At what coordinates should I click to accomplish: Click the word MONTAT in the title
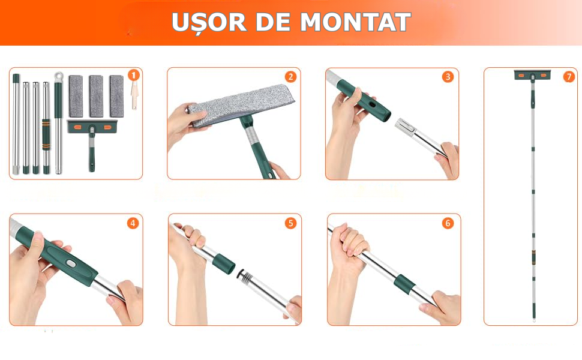pos(355,22)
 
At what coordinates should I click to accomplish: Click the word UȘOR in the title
pos(209,23)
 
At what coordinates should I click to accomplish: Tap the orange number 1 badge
pos(134,76)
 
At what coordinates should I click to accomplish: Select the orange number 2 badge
pos(291,77)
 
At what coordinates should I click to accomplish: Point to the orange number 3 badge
pos(448,77)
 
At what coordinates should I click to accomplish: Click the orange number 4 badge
pos(133,223)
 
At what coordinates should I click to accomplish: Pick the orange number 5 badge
pos(290,223)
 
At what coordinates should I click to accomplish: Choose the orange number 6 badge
pos(448,223)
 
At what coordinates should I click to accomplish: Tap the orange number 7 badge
pos(569,77)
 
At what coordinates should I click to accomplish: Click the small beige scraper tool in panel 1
pos(134,96)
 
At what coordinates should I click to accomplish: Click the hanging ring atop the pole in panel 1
pos(58,77)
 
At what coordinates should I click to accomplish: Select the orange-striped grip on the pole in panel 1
pos(46,134)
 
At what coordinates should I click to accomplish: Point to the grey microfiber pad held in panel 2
pos(241,104)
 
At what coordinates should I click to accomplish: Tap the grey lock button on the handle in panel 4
pos(70,263)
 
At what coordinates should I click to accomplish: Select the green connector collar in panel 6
pos(404,284)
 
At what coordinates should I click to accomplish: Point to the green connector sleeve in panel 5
pos(223,263)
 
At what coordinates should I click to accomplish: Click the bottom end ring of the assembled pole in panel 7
pos(534,319)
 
